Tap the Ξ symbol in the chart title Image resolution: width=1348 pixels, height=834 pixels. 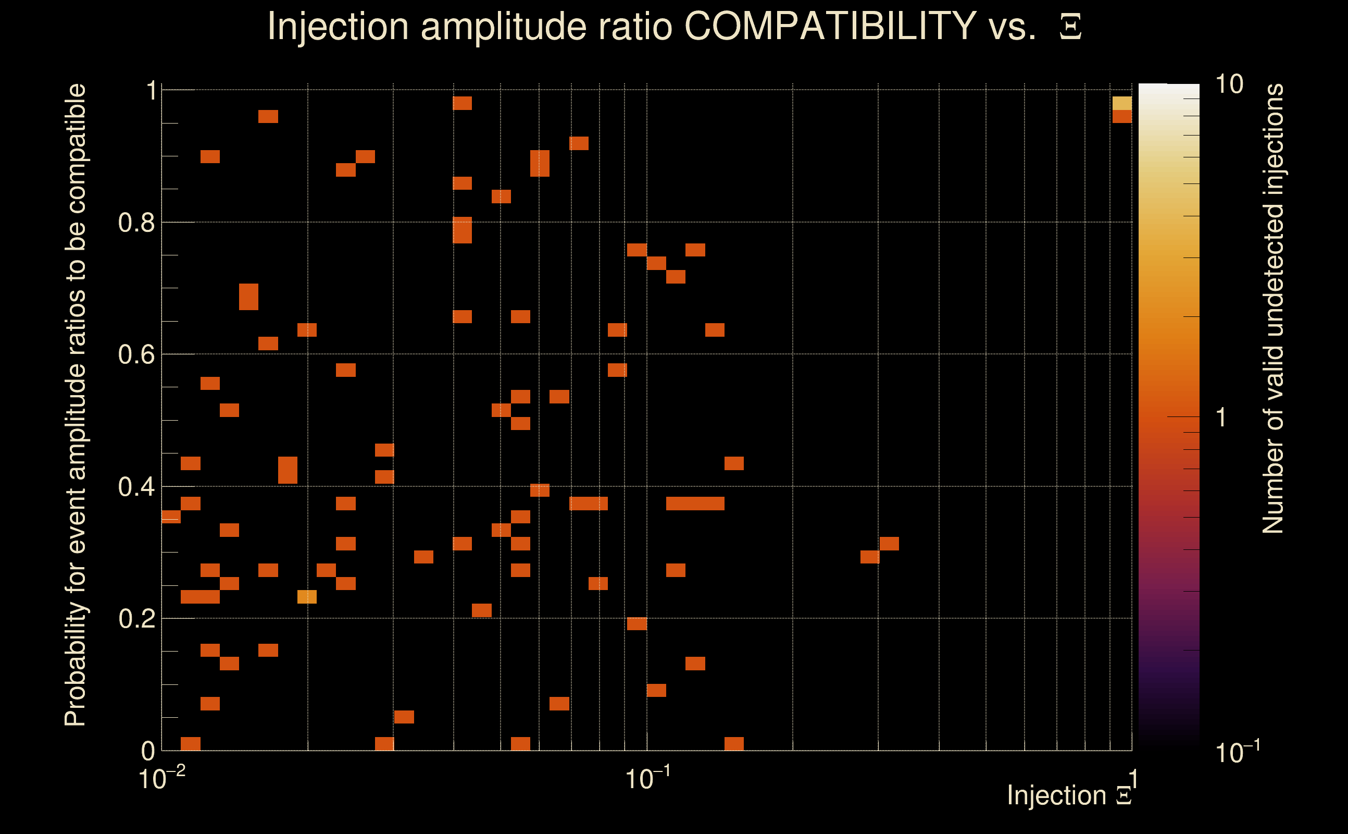pyautogui.click(x=1070, y=27)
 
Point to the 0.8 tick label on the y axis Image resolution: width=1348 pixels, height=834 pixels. pyautogui.click(x=136, y=223)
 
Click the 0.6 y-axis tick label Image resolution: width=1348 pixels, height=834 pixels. pyautogui.click(x=136, y=354)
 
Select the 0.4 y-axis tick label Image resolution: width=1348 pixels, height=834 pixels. pyautogui.click(x=136, y=487)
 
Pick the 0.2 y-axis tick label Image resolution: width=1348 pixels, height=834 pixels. pyautogui.click(x=136, y=619)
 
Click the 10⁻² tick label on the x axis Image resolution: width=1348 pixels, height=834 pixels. pyautogui.click(x=161, y=778)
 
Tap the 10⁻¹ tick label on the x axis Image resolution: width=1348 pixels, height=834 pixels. pyautogui.click(x=647, y=778)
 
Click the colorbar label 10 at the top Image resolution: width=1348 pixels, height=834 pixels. pyautogui.click(x=1229, y=84)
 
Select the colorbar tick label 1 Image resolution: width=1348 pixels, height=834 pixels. pyautogui.click(x=1221, y=418)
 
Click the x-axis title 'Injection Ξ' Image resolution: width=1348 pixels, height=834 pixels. pyautogui.click(x=1069, y=795)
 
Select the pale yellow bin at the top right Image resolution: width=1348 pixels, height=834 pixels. pyautogui.click(x=1122, y=103)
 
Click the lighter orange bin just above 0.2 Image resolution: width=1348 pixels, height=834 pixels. pyautogui.click(x=307, y=597)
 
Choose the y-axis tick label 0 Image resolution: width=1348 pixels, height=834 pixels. pyautogui.click(x=148, y=751)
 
